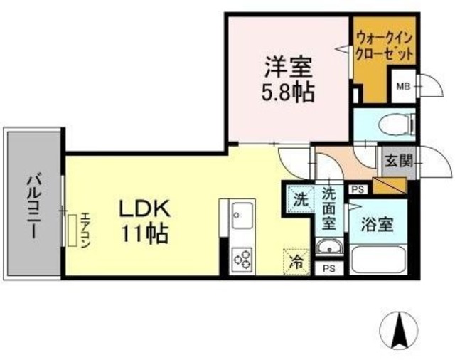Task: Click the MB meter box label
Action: click(x=403, y=87)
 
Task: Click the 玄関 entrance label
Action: click(x=399, y=161)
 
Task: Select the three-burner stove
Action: click(x=242, y=258)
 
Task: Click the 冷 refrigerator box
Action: click(x=296, y=261)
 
